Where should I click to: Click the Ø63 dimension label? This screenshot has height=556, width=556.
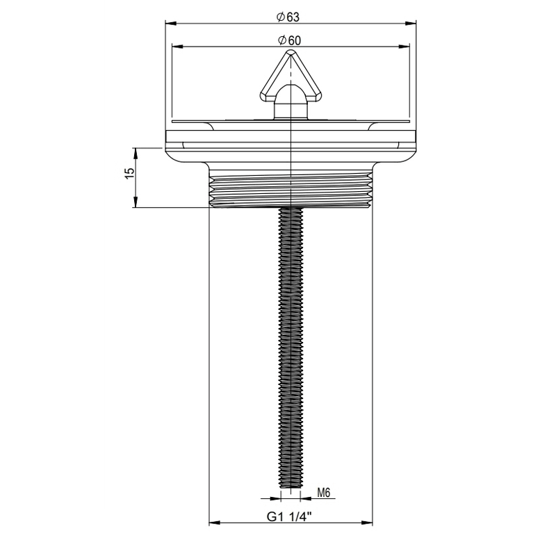coord(288,15)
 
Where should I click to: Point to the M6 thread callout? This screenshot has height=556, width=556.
coord(324,493)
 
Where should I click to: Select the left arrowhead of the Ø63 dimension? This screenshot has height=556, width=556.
coord(170,22)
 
